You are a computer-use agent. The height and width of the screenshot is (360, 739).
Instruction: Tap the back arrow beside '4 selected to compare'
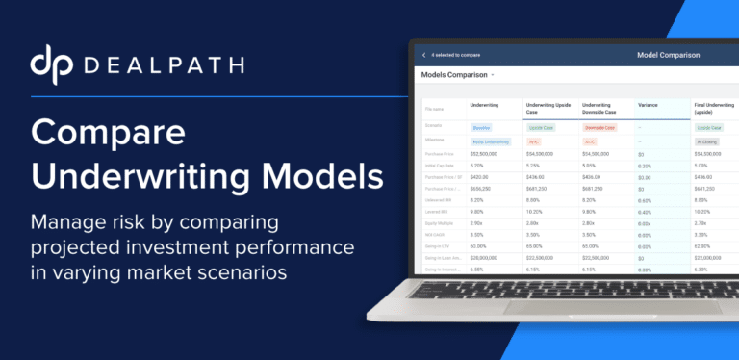click(x=424, y=55)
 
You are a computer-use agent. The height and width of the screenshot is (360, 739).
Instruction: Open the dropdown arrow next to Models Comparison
click(x=492, y=75)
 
